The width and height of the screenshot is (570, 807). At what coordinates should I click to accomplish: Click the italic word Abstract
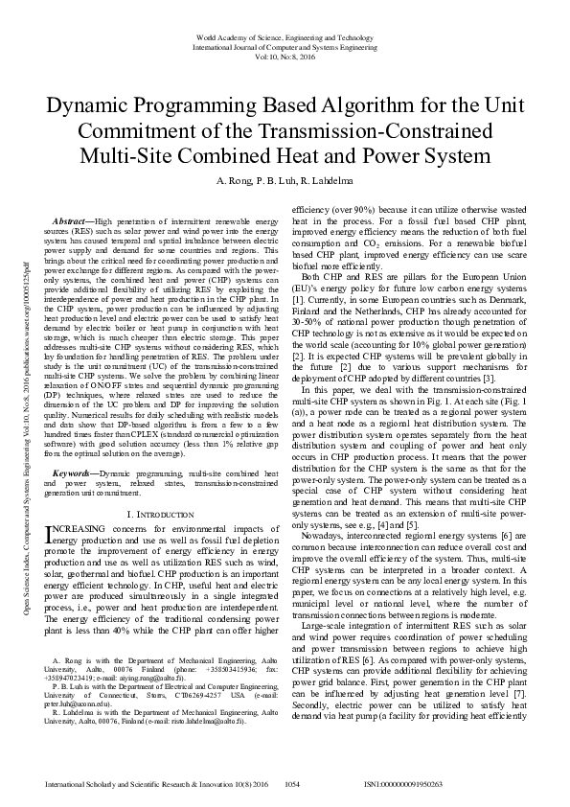click(x=73, y=220)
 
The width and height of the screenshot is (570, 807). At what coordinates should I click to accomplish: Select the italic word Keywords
click(x=74, y=473)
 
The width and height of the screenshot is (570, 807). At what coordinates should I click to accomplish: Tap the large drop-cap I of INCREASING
click(x=52, y=533)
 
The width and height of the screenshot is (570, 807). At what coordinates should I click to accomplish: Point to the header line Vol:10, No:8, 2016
click(x=285, y=56)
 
